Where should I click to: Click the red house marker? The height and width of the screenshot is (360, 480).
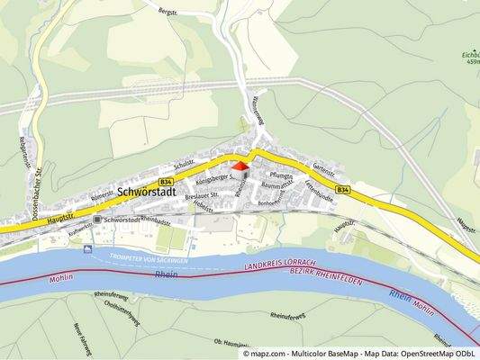240,165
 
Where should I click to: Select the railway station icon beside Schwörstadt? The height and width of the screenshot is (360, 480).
96,220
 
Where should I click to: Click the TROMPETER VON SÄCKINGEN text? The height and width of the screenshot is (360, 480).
147,258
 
